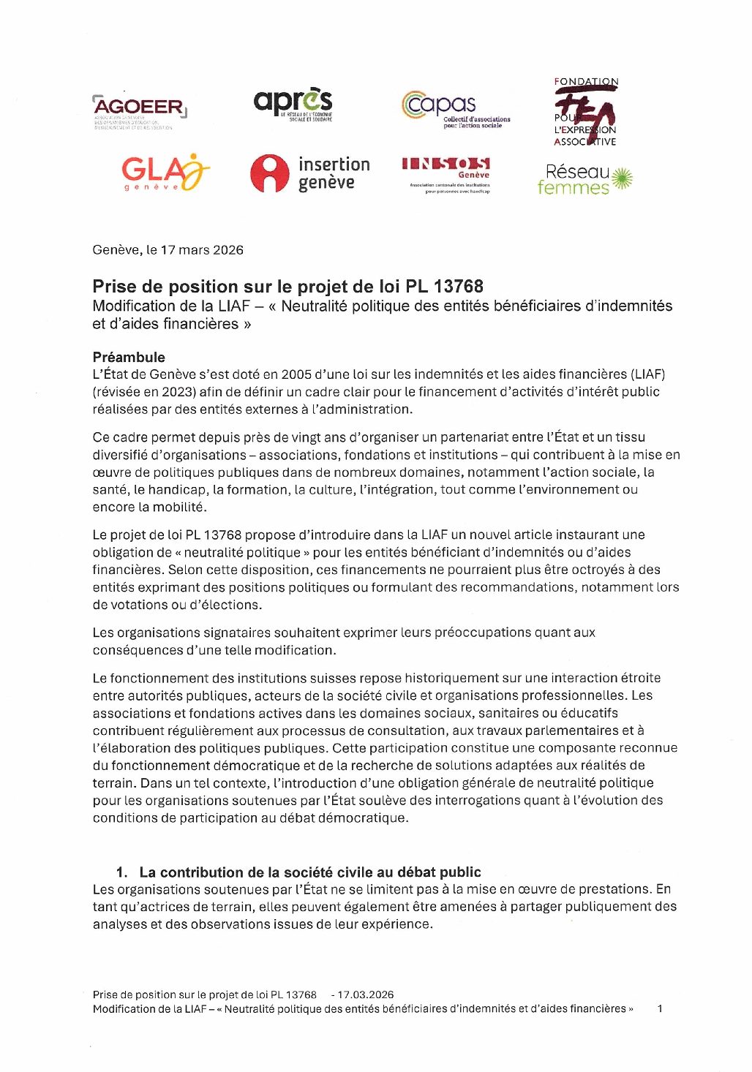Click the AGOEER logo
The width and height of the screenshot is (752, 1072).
pos(139,110)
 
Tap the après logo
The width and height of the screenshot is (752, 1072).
pos(293,104)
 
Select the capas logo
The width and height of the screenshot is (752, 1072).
pos(454,110)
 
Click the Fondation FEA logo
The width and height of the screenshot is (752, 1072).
pos(585,112)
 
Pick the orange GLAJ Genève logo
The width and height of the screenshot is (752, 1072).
pos(165,173)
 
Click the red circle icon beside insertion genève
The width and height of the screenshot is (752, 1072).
pos(269,173)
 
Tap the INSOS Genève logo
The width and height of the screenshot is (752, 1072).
pos(445,173)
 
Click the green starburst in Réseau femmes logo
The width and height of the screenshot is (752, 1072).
pos(621,178)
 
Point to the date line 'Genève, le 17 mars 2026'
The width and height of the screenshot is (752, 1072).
pos(168,250)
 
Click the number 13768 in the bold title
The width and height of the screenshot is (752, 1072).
pos(458,287)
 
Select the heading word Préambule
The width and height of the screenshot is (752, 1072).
pos(129,357)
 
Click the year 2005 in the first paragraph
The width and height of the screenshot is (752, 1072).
pos(297,374)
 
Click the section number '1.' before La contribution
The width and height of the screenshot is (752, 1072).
pos(121,872)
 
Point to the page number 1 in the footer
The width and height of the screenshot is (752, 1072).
pos(660,1008)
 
